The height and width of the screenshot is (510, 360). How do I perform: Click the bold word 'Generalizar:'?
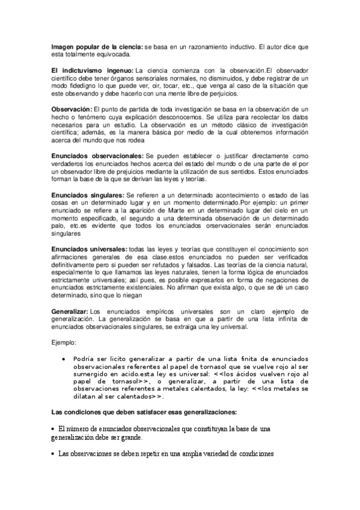(x=70, y=310)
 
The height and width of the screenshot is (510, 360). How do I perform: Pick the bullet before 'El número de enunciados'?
(x=53, y=428)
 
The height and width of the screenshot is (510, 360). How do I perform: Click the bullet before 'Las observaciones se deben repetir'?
(x=53, y=453)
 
